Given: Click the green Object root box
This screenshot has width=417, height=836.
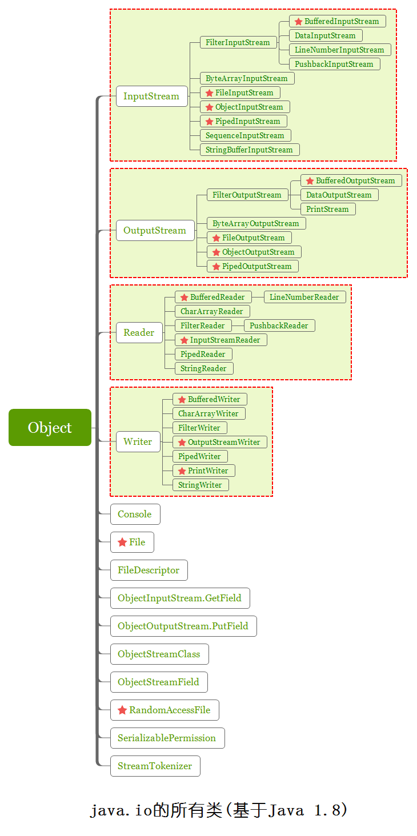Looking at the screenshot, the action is pyautogui.click(x=50, y=427).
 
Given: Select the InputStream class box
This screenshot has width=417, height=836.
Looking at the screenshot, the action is pyautogui.click(x=151, y=97).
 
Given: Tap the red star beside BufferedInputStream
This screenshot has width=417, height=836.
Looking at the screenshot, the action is pyautogui.click(x=298, y=22).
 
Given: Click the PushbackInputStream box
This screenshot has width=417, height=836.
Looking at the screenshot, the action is pyautogui.click(x=335, y=64).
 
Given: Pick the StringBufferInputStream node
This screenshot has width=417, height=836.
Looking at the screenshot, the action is pyautogui.click(x=250, y=150).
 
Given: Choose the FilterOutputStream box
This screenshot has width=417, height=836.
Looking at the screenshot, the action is pyautogui.click(x=247, y=195).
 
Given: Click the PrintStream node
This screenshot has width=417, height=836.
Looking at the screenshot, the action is pyautogui.click(x=328, y=209).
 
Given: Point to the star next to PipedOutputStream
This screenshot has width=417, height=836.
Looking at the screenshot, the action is pyautogui.click(x=216, y=267).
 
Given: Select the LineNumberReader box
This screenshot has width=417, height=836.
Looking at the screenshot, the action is pyautogui.click(x=305, y=297).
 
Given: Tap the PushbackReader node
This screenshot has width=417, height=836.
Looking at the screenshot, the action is pyautogui.click(x=279, y=325).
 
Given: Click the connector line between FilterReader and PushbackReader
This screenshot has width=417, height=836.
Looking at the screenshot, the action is pyautogui.click(x=238, y=326).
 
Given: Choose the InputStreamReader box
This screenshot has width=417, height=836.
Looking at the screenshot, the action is pyautogui.click(x=221, y=340).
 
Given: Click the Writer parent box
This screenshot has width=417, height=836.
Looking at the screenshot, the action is pyautogui.click(x=138, y=442).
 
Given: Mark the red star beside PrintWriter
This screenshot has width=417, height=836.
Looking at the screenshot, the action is pyautogui.click(x=182, y=471).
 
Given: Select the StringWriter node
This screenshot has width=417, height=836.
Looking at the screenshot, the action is pyautogui.click(x=201, y=485).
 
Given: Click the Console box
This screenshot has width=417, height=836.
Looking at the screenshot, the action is pyautogui.click(x=135, y=515).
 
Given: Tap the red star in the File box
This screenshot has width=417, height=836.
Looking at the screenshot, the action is pyautogui.click(x=122, y=542).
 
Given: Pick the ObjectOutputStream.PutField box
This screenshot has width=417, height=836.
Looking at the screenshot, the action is pyautogui.click(x=183, y=626).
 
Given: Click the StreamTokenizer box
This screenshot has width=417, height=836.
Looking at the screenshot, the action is pyautogui.click(x=155, y=766).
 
